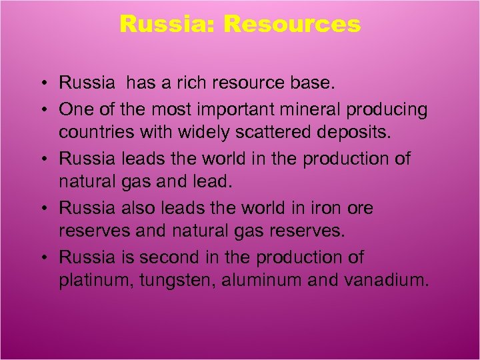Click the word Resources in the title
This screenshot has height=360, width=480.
(292, 25)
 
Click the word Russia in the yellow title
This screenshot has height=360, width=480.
(168, 25)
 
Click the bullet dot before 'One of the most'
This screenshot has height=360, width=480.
(42, 109)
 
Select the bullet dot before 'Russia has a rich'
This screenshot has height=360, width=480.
(42, 84)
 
